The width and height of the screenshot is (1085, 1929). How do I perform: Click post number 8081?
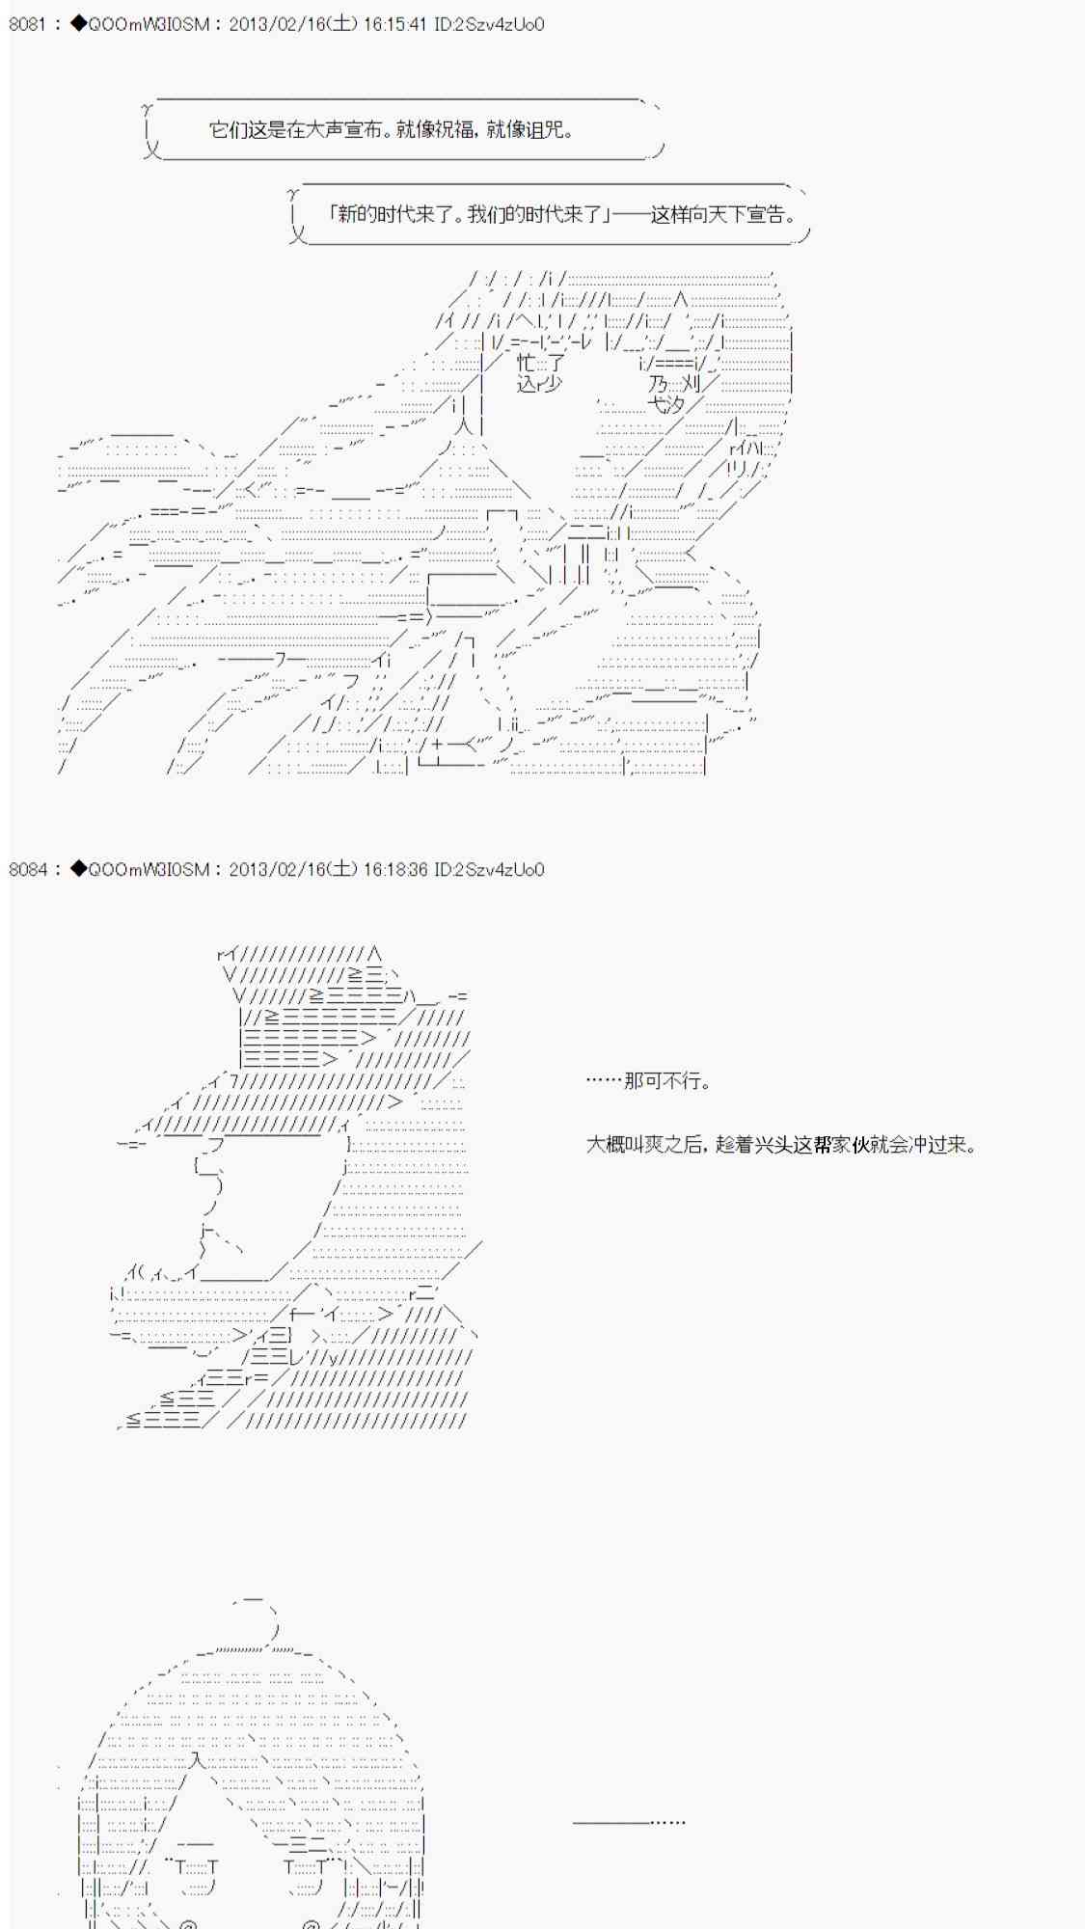tap(27, 24)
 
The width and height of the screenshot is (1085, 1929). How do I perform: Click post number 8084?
tap(27, 869)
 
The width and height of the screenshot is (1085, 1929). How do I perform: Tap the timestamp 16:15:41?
tap(394, 24)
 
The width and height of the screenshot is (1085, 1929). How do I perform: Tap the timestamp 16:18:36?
tap(394, 869)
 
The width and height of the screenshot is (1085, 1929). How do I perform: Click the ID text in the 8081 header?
tap(489, 24)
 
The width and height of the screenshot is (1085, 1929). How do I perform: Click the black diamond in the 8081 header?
tap(78, 24)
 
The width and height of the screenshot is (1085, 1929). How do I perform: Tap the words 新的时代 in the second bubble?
tap(373, 214)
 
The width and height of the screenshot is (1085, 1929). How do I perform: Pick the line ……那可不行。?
tap(648, 1080)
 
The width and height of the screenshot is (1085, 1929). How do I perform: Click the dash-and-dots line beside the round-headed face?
tap(629, 1822)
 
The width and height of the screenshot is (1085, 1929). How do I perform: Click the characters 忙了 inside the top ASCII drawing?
tap(540, 363)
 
